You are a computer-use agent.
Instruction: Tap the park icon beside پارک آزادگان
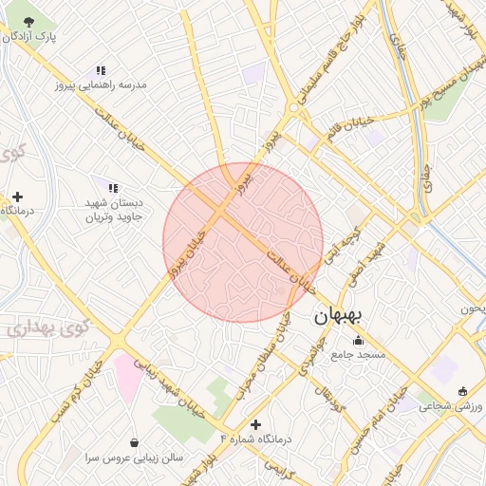(32, 21)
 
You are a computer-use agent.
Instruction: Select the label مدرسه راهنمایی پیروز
(103, 84)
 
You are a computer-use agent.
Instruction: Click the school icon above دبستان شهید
(114, 188)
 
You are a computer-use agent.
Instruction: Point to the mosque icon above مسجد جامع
(358, 341)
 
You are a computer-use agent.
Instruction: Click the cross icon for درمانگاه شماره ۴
(254, 424)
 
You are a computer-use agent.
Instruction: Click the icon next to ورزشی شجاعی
(462, 391)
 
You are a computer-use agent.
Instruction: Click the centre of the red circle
(243, 243)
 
